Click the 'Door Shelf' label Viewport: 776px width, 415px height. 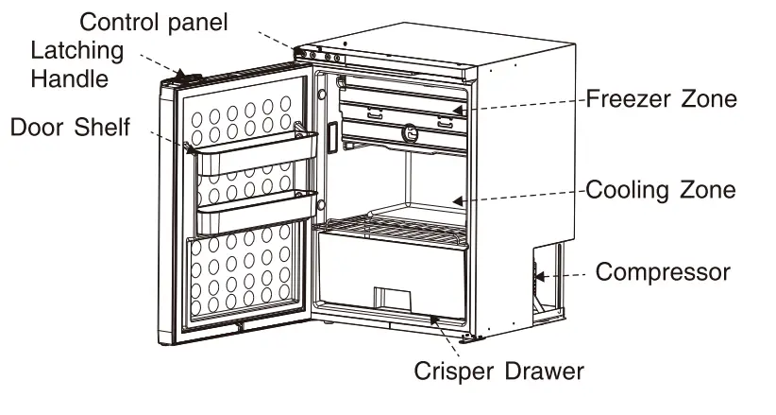[70, 127]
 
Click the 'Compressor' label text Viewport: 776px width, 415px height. [663, 272]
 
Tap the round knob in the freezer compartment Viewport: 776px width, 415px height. [411, 131]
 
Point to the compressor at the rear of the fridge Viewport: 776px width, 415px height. [545, 279]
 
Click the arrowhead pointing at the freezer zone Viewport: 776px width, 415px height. [458, 111]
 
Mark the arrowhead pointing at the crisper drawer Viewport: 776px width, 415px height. [435, 321]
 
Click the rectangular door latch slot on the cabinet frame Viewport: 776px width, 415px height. [332, 137]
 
